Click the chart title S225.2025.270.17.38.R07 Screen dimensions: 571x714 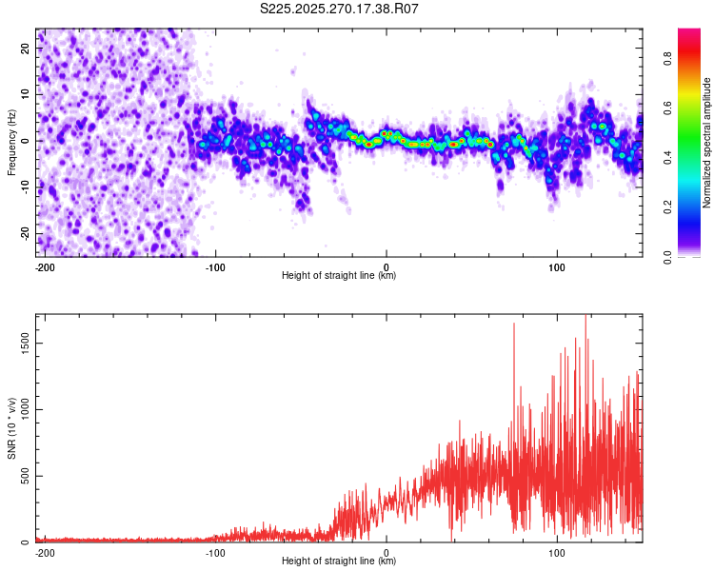340,9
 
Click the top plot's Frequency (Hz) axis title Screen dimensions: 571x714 11,142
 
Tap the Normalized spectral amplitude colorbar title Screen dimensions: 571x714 706,143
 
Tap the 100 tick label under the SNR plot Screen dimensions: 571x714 556,553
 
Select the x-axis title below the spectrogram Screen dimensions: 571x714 339,276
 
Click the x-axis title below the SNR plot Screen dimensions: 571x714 339,561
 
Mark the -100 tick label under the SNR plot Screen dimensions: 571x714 214,553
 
